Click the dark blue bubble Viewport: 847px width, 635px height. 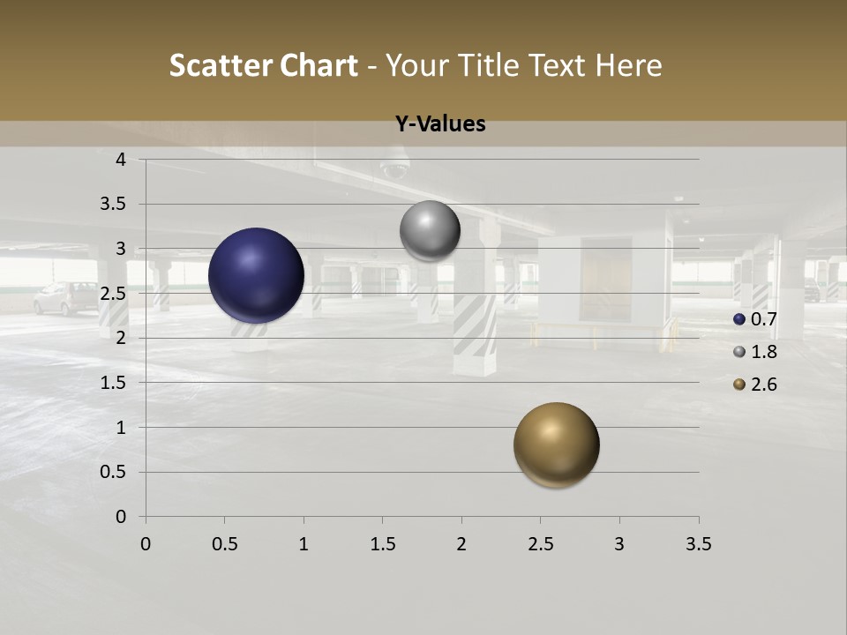256,275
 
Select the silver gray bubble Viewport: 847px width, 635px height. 430,230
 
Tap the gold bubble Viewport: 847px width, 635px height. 556,444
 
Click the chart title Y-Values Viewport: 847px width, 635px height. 439,124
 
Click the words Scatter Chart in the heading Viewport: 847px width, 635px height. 263,65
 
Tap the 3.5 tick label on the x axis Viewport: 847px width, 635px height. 698,544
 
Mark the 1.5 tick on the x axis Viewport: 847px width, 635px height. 382,544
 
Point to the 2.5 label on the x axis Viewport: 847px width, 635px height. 540,544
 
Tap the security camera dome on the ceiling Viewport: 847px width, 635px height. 394,166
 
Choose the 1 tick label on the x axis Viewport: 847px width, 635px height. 304,544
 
